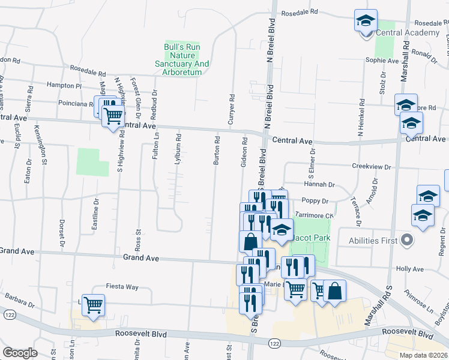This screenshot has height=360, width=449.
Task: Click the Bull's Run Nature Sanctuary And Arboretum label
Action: (x=182, y=59)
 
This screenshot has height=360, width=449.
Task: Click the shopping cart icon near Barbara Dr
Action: (x=93, y=305)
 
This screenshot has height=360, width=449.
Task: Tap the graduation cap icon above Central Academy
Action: (x=366, y=20)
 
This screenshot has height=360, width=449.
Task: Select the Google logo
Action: (x=20, y=352)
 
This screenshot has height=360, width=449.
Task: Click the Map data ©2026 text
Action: (x=423, y=355)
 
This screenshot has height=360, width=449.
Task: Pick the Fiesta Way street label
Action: (x=122, y=286)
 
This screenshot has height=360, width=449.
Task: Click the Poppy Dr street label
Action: (x=315, y=201)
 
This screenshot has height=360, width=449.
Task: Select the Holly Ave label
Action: (x=406, y=270)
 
